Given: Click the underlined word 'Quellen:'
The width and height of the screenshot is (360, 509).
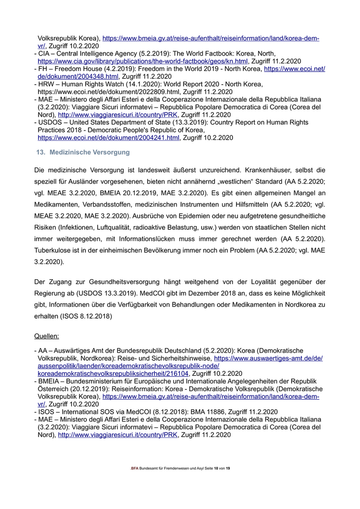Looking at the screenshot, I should tap(47, 336).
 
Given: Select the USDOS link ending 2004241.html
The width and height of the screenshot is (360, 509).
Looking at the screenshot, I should tap(109, 138).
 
